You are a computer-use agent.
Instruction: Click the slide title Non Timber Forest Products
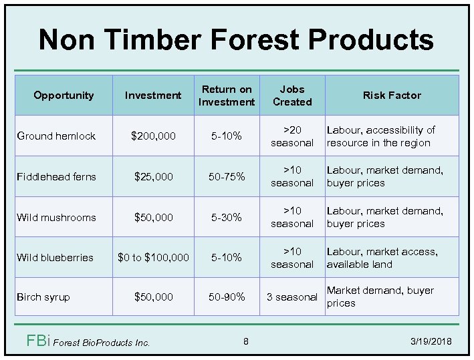coord(236,39)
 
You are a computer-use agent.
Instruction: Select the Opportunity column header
coord(64,95)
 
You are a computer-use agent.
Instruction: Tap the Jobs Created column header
coord(291,95)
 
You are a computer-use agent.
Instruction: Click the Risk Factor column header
coord(392,95)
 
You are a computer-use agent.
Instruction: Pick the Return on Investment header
coord(227,95)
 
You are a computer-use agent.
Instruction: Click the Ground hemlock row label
coord(56,136)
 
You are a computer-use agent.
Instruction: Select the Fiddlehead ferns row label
coord(56,176)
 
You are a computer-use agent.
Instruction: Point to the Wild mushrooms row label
coord(56,217)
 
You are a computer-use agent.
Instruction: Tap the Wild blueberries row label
coord(55,257)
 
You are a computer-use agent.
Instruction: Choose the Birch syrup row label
coord(43,297)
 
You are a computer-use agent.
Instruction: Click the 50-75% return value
coord(227,176)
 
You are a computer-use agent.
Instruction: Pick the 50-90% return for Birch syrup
coord(227,297)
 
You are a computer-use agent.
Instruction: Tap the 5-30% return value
coord(227,217)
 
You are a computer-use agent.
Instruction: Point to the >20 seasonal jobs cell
coord(291,136)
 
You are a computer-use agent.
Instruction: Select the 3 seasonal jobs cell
coord(291,297)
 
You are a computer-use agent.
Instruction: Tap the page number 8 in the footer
coord(245,342)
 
